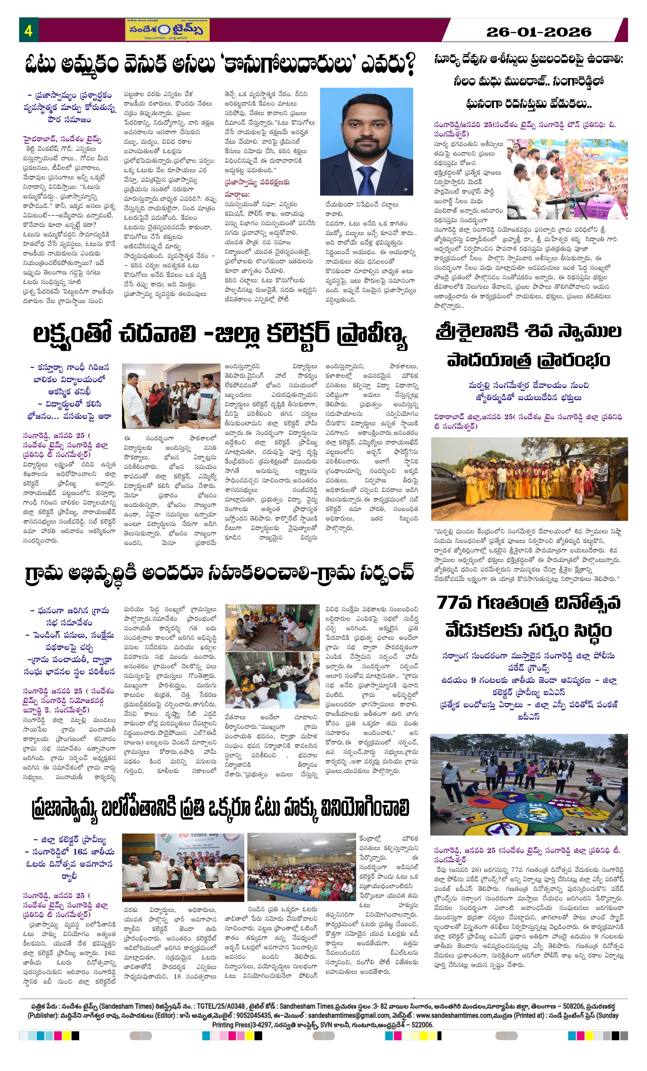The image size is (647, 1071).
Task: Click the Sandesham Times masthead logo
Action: click(167, 30)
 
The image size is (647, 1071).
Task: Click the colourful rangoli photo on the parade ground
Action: click(528, 784)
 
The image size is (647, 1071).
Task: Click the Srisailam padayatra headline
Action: click(528, 345)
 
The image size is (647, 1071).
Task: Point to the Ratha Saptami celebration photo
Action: click(567, 179)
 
